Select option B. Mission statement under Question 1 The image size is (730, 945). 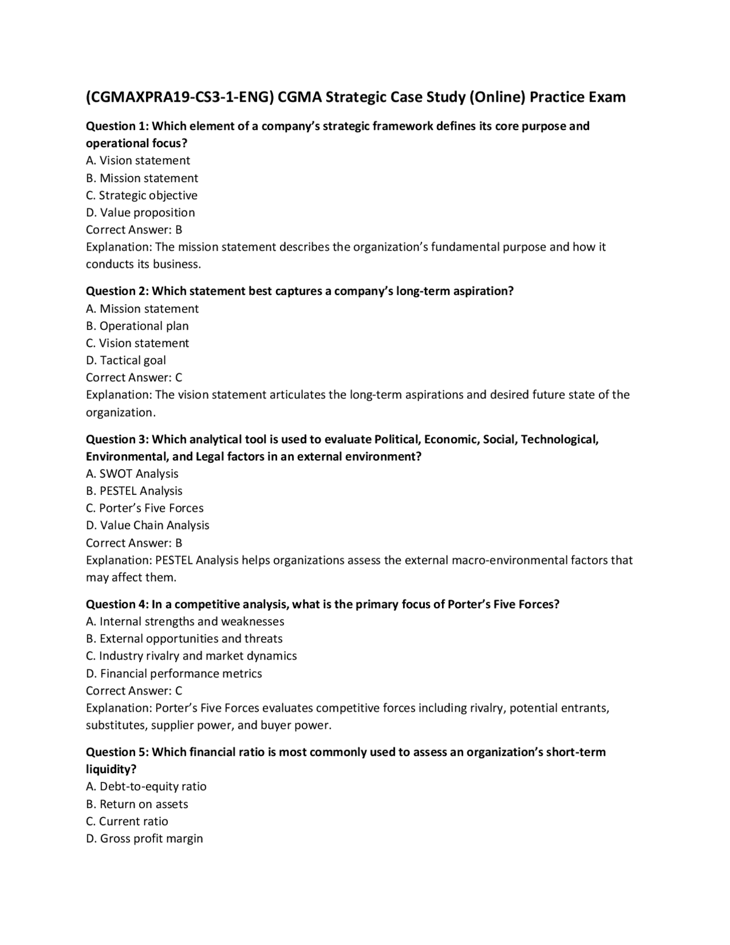point(142,178)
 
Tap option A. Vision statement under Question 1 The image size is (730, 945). point(138,161)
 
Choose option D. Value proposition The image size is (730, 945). point(140,213)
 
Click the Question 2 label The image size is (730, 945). point(117,291)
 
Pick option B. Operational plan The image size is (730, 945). point(137,326)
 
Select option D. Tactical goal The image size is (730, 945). point(126,361)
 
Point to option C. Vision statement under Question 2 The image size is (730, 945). point(137,344)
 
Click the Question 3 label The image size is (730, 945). point(117,439)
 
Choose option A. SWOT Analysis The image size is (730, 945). point(132,474)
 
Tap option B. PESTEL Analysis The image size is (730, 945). point(135,491)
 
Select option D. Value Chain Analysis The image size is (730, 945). point(148,526)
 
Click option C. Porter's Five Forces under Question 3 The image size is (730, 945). point(145,508)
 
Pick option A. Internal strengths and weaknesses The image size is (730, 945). point(185,621)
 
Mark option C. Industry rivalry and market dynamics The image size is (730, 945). point(192,656)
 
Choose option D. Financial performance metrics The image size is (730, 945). point(174,674)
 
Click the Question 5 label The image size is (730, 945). point(117,752)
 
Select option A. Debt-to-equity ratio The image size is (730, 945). point(147,786)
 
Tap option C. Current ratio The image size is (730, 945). point(127,822)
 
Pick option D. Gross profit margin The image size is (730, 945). point(145,839)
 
